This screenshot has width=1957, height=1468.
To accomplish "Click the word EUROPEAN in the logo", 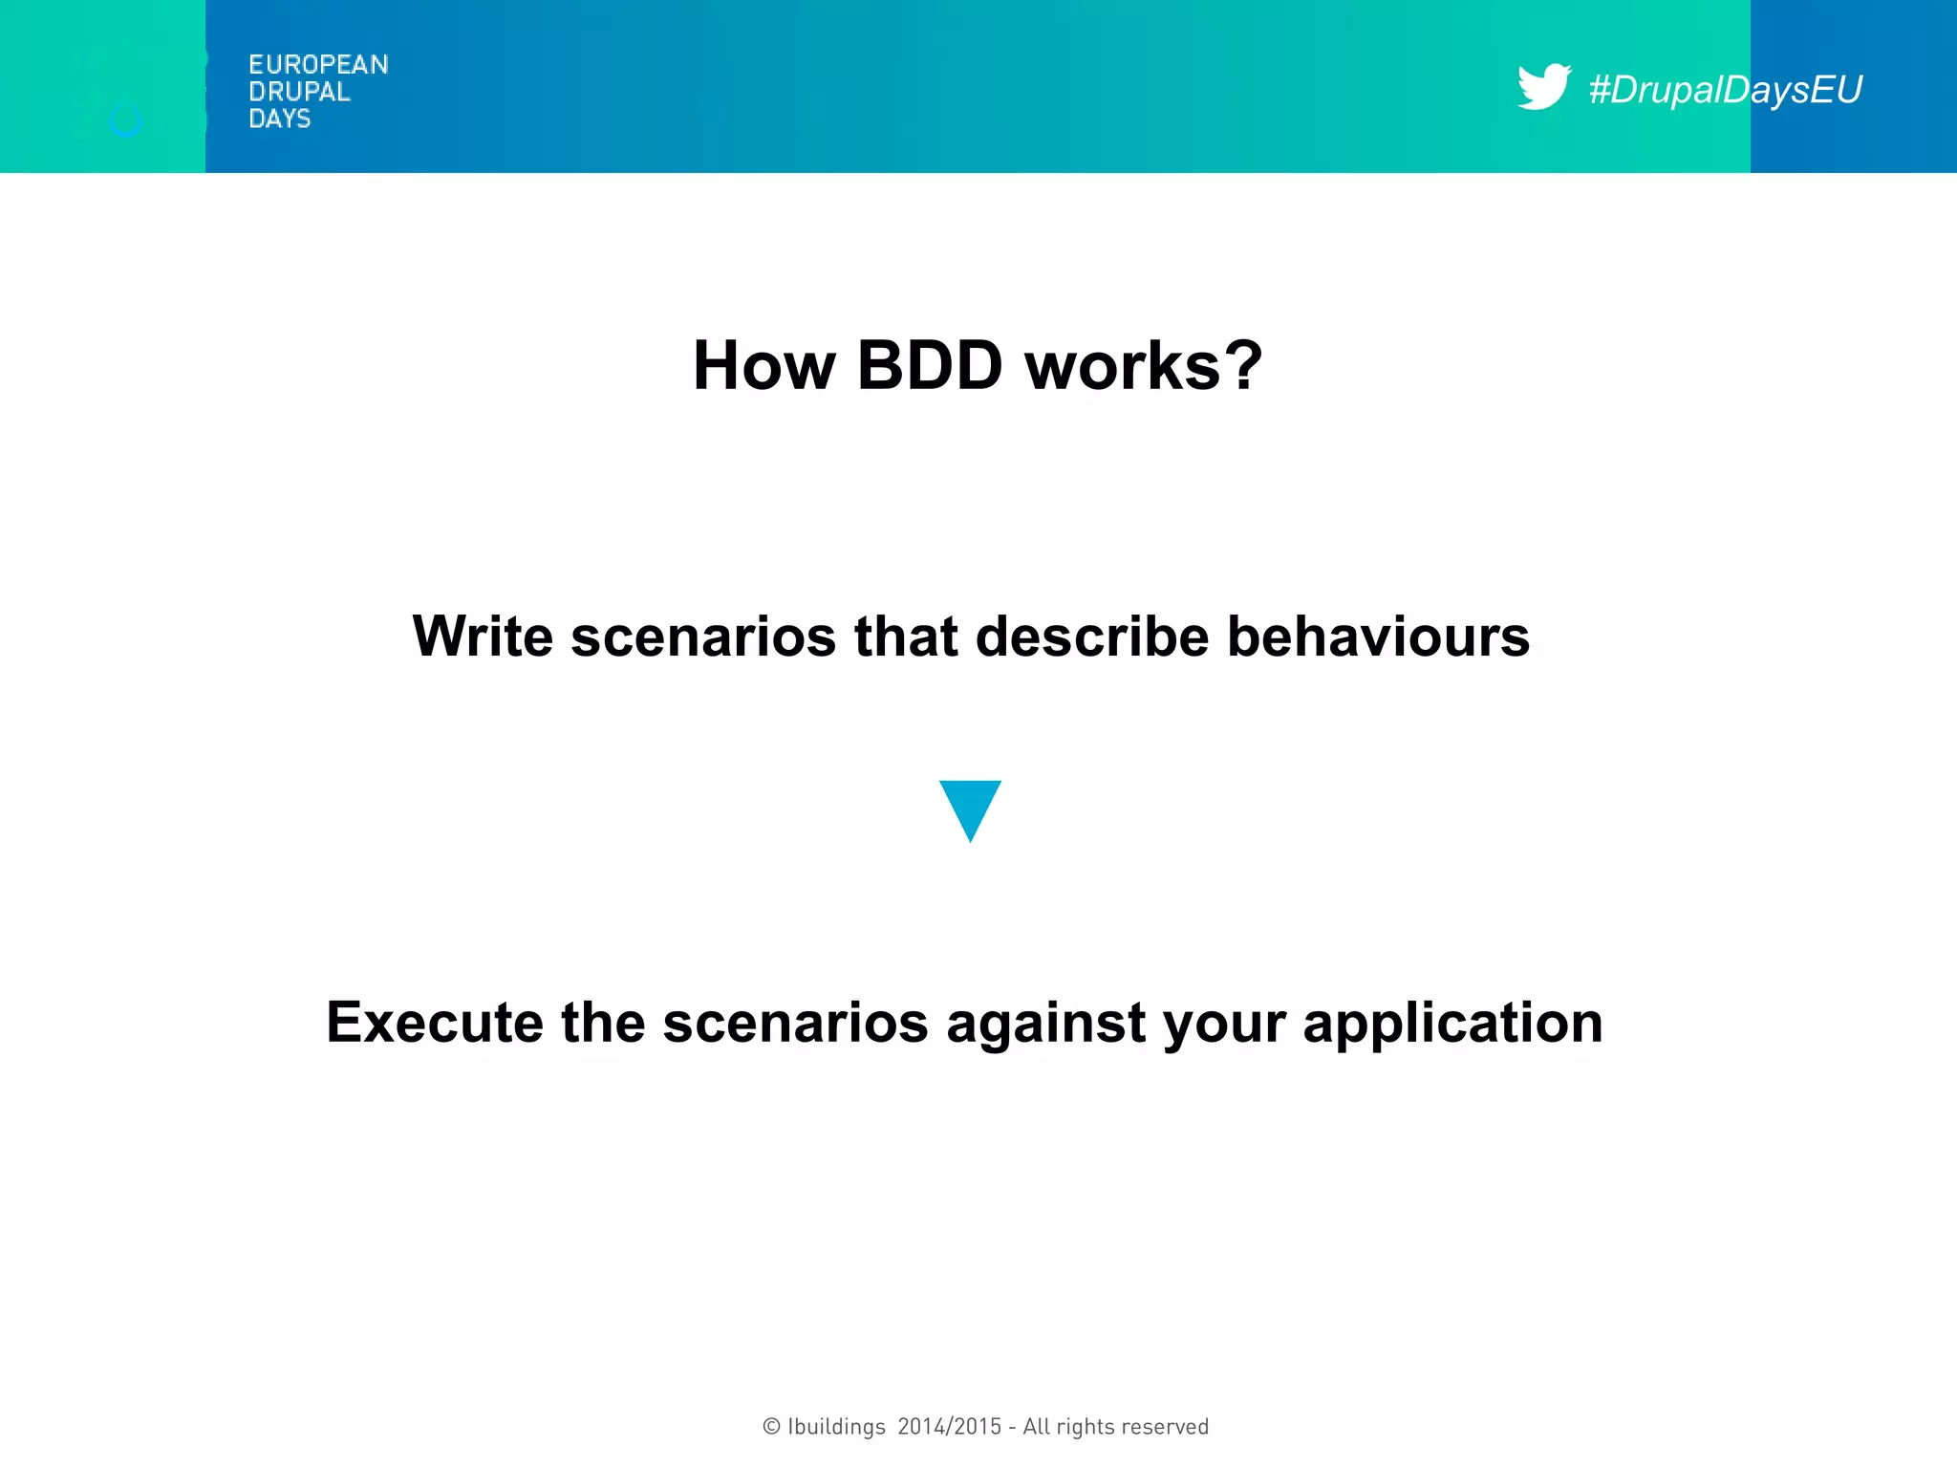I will coord(318,65).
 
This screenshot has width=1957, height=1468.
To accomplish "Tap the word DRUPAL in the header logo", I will coord(299,92).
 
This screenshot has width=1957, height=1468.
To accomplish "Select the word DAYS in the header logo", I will coord(279,119).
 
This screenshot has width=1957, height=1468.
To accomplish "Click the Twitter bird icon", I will coord(1543,87).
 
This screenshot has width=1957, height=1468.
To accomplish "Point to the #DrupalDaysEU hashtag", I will coord(1725,90).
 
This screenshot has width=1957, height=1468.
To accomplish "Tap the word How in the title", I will coord(764,366).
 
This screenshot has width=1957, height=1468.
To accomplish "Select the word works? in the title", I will coord(1144,366).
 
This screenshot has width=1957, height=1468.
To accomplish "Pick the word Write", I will coord(483,637).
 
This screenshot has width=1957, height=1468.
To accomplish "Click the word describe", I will coord(1092,637).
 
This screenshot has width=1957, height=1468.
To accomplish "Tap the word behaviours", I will coord(1378,637).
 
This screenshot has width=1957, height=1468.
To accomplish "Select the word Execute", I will coord(435,1023).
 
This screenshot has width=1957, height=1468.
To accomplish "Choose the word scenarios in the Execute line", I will coord(795,1023).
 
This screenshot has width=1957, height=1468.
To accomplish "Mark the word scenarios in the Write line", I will coord(703,637).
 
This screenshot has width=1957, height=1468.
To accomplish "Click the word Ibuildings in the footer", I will coord(836,1427).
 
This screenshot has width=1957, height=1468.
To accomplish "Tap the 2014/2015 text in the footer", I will coord(950,1427).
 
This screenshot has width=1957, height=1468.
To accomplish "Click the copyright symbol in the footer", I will coord(771,1427).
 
